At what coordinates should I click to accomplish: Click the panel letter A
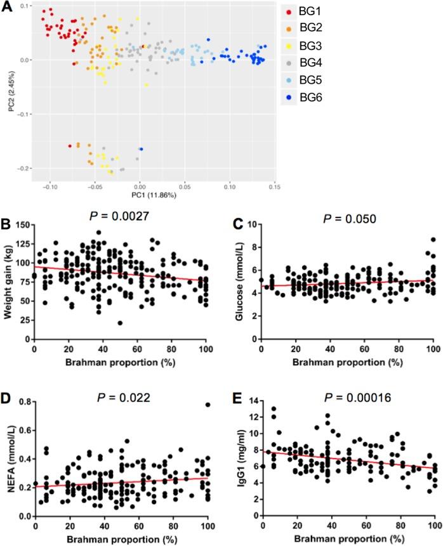click(6, 5)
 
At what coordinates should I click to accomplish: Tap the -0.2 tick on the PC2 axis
click(26, 168)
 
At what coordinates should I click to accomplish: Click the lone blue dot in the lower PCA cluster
click(141, 149)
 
